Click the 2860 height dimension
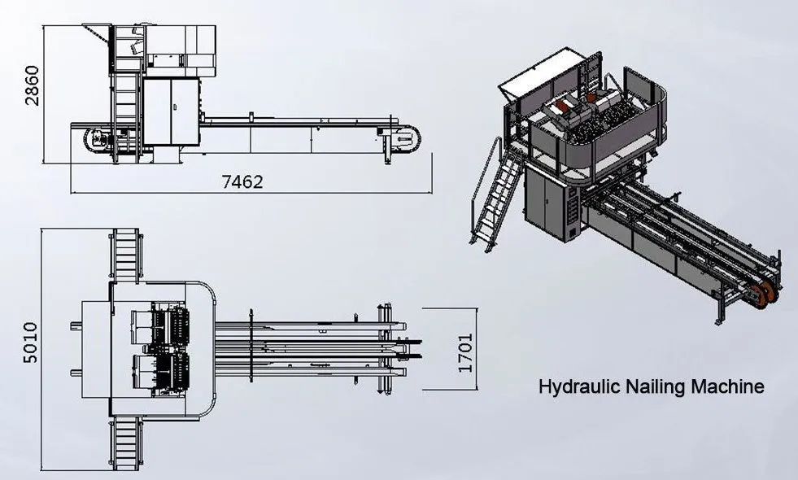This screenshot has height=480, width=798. pyautogui.click(x=32, y=85)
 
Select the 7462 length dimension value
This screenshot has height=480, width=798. pyautogui.click(x=242, y=181)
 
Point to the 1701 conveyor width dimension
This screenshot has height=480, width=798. pyautogui.click(x=465, y=352)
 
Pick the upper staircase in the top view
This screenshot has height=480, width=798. pyautogui.click(x=126, y=254)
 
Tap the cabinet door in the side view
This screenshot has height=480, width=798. pyautogui.click(x=171, y=111)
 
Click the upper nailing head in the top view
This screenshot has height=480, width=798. pyautogui.click(x=160, y=325)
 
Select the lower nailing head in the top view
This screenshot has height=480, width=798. pyautogui.click(x=161, y=374)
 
